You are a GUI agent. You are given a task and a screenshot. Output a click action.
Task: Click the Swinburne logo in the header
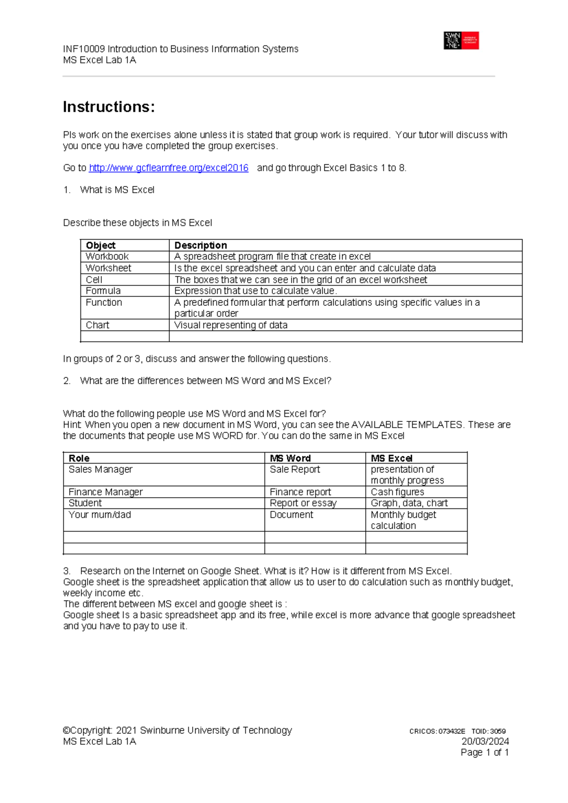[x=461, y=41]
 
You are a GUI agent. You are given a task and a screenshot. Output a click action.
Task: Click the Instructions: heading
[x=109, y=107]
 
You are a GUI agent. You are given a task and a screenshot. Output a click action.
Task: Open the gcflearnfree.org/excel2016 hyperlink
[x=169, y=168]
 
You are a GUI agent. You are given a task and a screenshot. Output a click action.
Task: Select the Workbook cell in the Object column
[x=107, y=257]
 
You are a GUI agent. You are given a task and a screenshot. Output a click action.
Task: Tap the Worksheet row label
[x=108, y=268]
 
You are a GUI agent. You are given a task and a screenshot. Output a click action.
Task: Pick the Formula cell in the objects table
[x=103, y=291]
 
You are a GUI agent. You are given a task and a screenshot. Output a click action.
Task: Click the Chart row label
[x=98, y=325]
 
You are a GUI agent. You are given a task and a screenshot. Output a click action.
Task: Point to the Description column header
[x=201, y=245]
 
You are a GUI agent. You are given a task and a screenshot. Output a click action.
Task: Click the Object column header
[x=100, y=245]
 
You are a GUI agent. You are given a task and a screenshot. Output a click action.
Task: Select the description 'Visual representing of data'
[x=231, y=325]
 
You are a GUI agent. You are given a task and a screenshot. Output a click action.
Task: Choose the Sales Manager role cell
[x=100, y=469]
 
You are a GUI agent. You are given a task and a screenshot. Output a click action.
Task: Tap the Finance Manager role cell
[x=106, y=492]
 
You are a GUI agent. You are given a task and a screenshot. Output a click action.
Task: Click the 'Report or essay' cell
[x=303, y=503]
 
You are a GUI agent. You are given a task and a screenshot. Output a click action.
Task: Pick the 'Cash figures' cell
[x=398, y=492]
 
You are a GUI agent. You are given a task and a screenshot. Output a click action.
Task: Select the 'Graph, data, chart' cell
[x=409, y=503]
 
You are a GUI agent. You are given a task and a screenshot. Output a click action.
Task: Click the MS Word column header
[x=290, y=458]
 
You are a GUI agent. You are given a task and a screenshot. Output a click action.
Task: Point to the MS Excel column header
[x=391, y=458]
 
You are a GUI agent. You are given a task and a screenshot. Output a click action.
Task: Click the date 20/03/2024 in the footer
[x=485, y=741]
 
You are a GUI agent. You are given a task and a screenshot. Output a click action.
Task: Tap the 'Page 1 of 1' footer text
[x=485, y=753]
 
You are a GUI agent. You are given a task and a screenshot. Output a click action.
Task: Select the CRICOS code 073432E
[x=452, y=732]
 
